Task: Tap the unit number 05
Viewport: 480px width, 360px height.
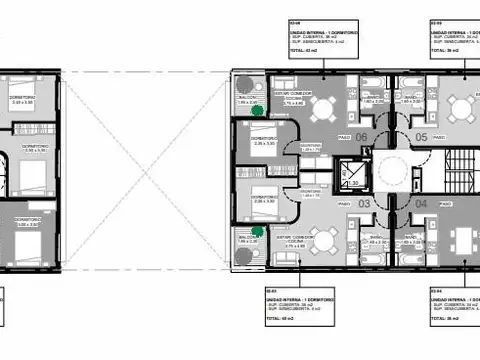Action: tap(421, 137)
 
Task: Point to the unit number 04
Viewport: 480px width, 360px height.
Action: tap(421, 203)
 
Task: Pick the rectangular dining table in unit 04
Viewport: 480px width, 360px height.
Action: tap(462, 238)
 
